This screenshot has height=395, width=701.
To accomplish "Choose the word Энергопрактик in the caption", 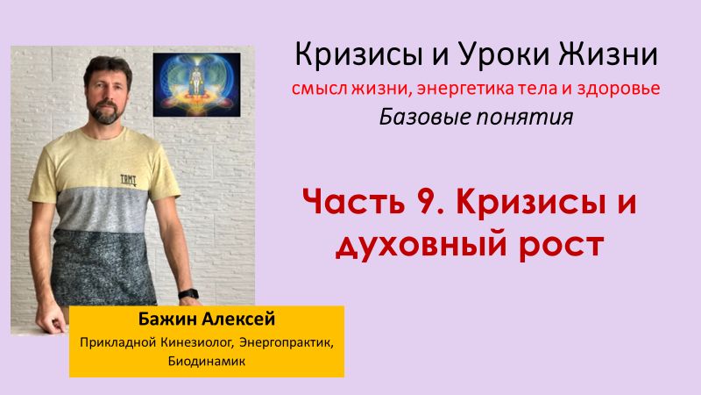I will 285,341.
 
